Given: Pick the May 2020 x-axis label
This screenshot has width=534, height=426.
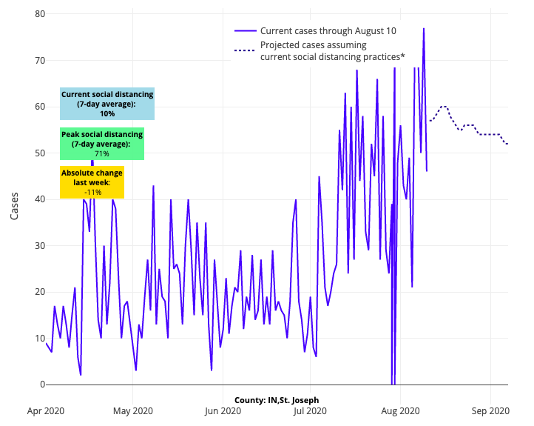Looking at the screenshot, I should click(133, 410).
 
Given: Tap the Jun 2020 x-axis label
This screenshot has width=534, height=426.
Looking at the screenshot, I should click(223, 410).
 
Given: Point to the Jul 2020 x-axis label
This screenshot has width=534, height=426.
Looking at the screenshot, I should click(310, 410).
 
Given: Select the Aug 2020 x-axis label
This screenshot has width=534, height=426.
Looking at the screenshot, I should click(399, 410).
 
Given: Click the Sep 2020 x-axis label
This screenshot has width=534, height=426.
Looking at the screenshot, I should click(489, 410).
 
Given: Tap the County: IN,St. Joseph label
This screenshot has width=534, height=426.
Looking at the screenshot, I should click(277, 400).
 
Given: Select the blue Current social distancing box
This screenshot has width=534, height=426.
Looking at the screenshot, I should click(107, 104).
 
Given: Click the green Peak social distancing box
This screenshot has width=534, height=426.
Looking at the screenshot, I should click(102, 144).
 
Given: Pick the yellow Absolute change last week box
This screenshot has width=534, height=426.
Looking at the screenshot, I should click(92, 182).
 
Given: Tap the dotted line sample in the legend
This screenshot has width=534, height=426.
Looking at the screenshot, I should click(245, 50).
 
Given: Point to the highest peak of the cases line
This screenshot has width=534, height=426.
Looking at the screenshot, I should click(424, 28).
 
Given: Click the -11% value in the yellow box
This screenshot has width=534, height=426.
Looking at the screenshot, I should click(92, 192).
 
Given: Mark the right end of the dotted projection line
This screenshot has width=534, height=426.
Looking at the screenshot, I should click(507, 144).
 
